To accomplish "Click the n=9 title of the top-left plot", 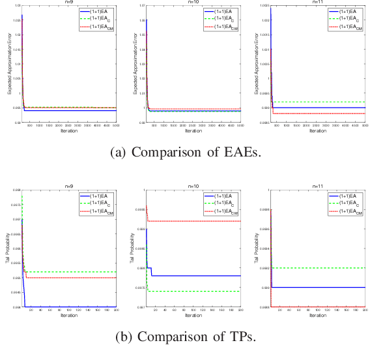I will pos(70,3).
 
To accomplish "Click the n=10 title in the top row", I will pos(193,3).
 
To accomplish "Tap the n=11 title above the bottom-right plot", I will pos(318,186).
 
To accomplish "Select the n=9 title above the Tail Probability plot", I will pos(70,186).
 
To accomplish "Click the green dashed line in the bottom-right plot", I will pos(319,267).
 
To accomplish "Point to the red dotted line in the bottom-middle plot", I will pos(195,221).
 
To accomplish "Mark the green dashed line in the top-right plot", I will pos(319,102).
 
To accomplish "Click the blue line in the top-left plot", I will pos(72,111).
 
